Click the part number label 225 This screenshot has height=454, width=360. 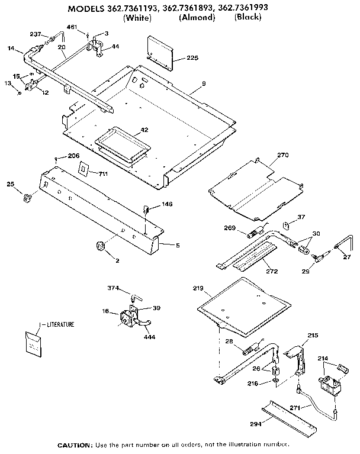(x=192, y=58)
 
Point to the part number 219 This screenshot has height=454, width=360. (x=198, y=289)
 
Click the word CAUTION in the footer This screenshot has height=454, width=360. (x=74, y=444)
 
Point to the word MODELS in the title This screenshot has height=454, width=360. (x=88, y=9)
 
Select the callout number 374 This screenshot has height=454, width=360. (x=114, y=289)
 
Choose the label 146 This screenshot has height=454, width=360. (x=168, y=204)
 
